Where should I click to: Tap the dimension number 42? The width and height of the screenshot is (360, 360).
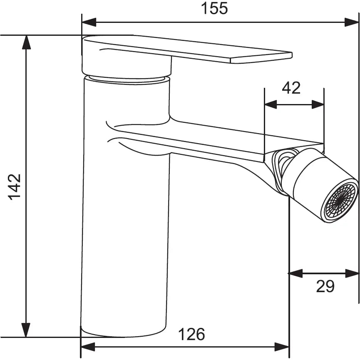pos(291,88)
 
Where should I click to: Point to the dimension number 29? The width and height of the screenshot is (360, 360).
pos(325,286)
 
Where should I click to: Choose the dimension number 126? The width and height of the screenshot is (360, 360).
pos(192,334)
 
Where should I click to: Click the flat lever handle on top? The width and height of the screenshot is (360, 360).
pos(187,50)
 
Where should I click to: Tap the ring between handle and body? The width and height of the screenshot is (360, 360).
pos(127,79)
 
